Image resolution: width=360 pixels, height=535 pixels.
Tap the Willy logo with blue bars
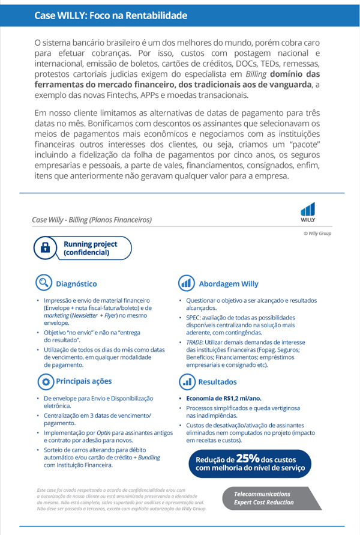(x=308, y=211)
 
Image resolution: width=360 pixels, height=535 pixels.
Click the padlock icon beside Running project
(x=45, y=248)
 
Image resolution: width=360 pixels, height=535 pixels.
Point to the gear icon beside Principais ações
(x=45, y=381)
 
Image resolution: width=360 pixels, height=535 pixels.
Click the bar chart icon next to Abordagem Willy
(x=187, y=283)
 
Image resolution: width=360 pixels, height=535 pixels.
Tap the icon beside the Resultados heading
(x=187, y=381)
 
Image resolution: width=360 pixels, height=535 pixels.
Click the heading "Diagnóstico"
(x=76, y=283)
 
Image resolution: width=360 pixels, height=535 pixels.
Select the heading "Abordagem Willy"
(x=228, y=283)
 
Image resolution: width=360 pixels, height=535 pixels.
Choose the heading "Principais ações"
(x=84, y=381)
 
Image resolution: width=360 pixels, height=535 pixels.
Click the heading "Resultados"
(x=217, y=381)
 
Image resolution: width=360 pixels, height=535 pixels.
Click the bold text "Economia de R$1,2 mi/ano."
(x=224, y=398)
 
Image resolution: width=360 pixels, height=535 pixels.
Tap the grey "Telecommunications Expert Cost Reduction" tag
(x=264, y=498)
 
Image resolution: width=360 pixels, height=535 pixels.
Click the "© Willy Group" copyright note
(x=317, y=234)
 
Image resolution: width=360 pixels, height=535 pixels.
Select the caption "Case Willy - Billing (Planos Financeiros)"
(x=92, y=220)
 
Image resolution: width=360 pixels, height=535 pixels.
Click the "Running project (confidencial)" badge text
(x=90, y=248)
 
